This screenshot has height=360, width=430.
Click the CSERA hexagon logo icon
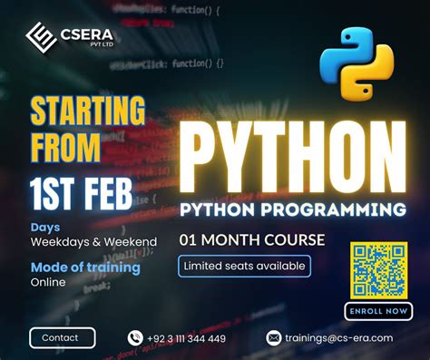tap(41, 38)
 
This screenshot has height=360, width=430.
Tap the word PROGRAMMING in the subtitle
tap(340, 209)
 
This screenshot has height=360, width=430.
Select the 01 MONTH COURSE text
tap(251, 240)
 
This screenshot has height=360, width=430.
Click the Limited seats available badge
tap(245, 266)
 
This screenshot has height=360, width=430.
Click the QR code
tap(379, 269)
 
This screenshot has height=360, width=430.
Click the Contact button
tap(62, 337)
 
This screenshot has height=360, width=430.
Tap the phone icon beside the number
tap(136, 338)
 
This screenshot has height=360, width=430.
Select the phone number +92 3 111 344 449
tap(189, 338)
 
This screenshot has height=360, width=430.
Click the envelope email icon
tap(274, 338)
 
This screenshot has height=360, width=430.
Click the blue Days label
tap(45, 227)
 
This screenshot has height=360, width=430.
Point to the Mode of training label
tap(85, 268)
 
